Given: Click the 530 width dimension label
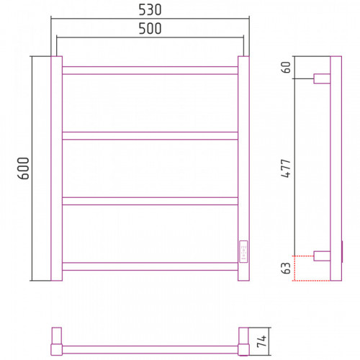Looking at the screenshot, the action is point(150,10).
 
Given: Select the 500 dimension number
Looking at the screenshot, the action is point(150,29).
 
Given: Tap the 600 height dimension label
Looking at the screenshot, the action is point(23,168).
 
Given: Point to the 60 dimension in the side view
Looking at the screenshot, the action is point(286,68).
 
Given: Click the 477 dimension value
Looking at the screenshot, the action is point(286,168).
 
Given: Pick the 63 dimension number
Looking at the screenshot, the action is point(286,268).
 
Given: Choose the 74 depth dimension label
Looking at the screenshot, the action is point(261,341).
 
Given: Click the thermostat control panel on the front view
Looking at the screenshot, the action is point(243,251).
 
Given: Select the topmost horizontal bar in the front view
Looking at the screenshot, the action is point(150,71).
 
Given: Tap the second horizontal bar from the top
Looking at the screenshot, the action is point(150,135).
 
